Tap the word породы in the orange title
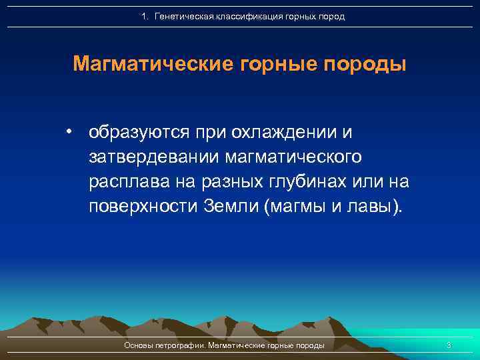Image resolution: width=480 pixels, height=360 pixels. [x=365, y=65]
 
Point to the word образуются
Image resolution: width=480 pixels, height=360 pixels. [x=139, y=132]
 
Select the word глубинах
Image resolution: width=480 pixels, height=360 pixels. [x=301, y=181]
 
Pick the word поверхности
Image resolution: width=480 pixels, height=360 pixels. [x=141, y=206]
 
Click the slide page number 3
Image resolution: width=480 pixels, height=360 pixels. [x=449, y=345]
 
